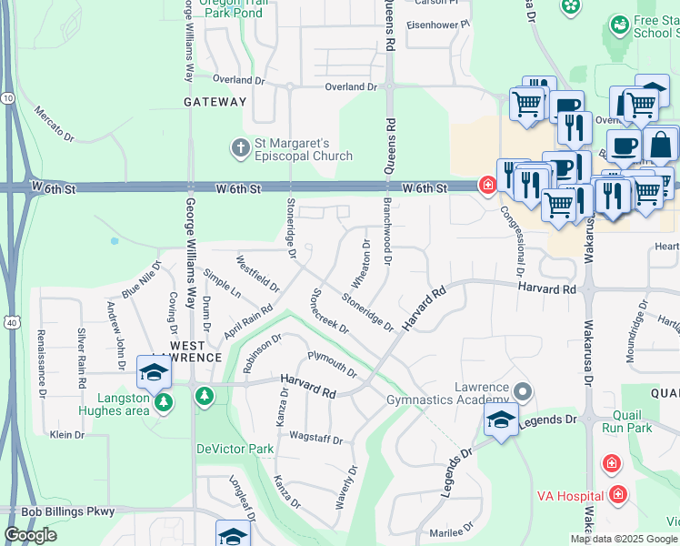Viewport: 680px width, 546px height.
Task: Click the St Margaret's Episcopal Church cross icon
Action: [x=240, y=148]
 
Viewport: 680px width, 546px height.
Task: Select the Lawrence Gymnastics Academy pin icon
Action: [x=522, y=392]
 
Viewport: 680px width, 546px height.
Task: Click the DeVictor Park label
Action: [x=235, y=449]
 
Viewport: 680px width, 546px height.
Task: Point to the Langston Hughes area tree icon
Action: [x=164, y=402]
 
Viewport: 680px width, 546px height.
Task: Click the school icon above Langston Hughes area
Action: [x=154, y=372]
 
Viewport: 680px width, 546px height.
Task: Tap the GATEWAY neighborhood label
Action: [x=215, y=102]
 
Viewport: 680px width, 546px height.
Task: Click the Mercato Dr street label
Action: [x=54, y=123]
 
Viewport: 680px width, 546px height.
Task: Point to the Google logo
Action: [x=30, y=535]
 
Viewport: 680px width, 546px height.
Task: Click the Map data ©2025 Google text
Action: [x=624, y=539]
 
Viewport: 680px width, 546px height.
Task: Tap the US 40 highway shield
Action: [x=9, y=322]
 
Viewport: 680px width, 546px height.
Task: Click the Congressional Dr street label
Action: [x=511, y=240]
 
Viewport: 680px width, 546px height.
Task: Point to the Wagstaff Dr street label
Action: [x=315, y=440]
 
